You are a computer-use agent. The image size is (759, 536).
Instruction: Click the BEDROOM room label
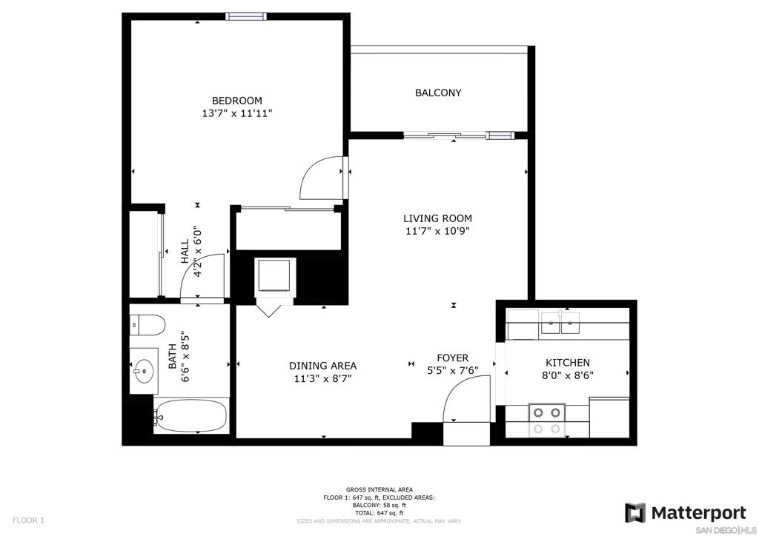point(236,101)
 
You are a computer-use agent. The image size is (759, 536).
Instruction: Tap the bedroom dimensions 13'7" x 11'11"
point(237,113)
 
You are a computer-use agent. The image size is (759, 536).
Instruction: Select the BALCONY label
point(438,93)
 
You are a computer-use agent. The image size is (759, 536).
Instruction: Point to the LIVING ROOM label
point(437,218)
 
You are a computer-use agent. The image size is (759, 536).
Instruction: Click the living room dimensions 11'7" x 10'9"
point(437,231)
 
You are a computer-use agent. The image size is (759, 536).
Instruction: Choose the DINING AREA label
point(323,366)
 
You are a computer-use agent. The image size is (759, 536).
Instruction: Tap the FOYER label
point(453,358)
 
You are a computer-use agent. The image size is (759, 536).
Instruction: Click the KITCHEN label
point(568,363)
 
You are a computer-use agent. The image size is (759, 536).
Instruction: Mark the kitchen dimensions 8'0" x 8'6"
point(568,375)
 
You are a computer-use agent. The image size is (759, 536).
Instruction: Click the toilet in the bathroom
point(148,324)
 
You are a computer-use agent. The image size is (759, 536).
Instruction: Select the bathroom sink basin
point(144,371)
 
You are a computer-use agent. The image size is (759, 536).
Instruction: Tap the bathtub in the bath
point(192,416)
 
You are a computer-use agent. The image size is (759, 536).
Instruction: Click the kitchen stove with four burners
point(546,421)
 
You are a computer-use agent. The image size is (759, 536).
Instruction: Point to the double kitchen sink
point(560,323)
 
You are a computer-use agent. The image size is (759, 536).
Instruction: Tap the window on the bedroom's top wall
point(246,16)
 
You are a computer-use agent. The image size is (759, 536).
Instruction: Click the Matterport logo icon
point(635,513)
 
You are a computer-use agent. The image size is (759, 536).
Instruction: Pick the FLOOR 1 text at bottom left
point(28,520)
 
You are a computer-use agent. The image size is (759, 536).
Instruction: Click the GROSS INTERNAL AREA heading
point(379,489)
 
